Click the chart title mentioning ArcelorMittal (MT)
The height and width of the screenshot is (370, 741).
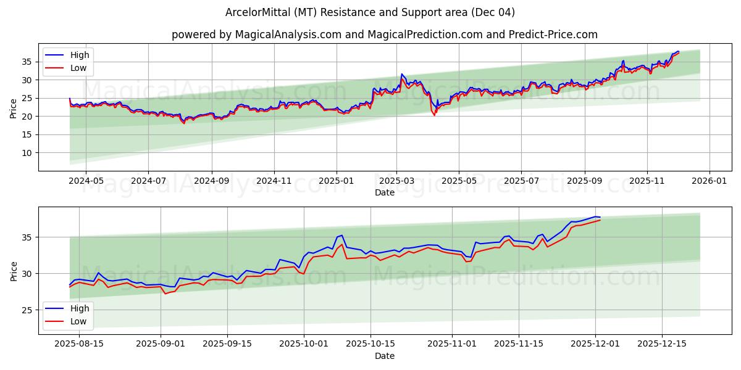(371, 12)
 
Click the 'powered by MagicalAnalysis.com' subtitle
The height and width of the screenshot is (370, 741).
(384, 35)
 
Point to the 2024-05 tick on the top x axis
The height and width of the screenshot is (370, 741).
(85, 181)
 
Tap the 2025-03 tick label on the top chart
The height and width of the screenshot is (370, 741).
(396, 181)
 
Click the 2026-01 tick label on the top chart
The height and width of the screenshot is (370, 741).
(709, 181)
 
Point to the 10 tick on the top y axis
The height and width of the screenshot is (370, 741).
(27, 153)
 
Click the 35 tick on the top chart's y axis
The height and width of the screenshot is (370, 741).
(27, 62)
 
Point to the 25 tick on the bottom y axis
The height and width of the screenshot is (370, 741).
(27, 310)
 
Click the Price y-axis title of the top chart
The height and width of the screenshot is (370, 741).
(14, 107)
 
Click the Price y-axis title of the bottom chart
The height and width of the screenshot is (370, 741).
(14, 270)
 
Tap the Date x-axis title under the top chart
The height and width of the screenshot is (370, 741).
(384, 192)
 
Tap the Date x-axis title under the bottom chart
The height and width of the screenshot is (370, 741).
(384, 356)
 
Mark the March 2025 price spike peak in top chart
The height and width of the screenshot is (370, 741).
(401, 74)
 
